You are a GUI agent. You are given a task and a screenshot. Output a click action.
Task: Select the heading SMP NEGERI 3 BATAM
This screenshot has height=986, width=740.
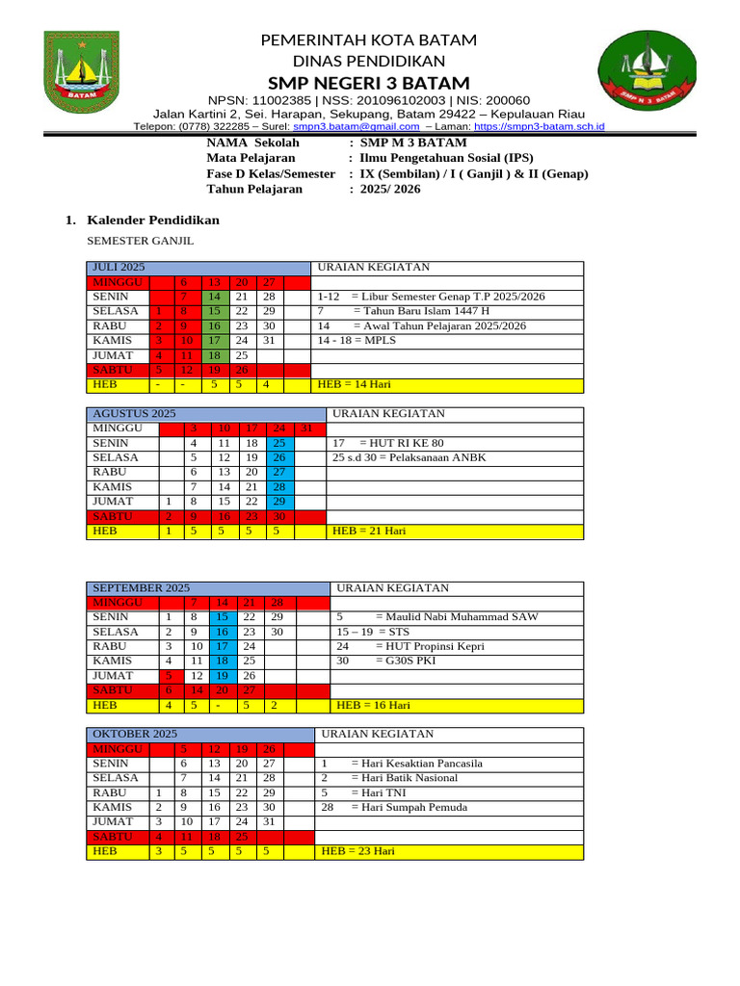pyautogui.click(x=370, y=83)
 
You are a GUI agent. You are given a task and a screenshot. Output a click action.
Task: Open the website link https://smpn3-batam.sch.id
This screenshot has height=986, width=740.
pyautogui.click(x=540, y=126)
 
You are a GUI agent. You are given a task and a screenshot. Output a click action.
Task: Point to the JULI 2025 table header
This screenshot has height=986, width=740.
pyautogui.click(x=119, y=268)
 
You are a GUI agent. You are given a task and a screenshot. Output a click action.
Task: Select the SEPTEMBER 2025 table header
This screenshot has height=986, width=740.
pyautogui.click(x=141, y=588)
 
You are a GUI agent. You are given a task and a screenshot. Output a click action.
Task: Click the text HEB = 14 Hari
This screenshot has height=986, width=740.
pyautogui.click(x=349, y=385)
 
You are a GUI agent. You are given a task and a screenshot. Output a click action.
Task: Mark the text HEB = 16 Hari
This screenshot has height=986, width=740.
pyautogui.click(x=367, y=706)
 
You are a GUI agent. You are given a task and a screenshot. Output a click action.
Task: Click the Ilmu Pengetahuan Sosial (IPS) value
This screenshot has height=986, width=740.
pyautogui.click(x=446, y=158)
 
